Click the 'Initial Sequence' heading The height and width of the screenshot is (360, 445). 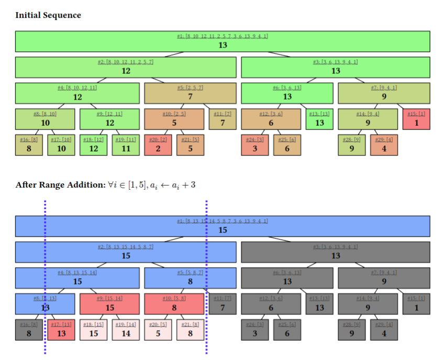(x=48, y=15)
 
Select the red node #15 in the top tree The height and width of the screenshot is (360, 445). (x=416, y=119)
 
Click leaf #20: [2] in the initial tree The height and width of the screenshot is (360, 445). (x=158, y=145)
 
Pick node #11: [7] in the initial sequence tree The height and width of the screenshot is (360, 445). (x=222, y=119)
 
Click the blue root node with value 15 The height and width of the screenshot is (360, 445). (x=222, y=226)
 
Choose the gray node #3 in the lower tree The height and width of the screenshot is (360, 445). (x=335, y=252)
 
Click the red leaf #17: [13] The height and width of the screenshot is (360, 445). (x=61, y=330)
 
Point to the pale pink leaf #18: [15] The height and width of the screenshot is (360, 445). (x=94, y=330)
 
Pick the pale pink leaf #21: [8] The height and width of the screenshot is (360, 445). (x=190, y=330)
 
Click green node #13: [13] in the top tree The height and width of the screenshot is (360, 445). (x=319, y=119)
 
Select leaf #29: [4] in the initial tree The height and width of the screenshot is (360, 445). (x=384, y=145)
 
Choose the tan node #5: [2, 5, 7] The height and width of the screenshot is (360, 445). (x=190, y=93)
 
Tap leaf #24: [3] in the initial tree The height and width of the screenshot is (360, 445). (x=255, y=145)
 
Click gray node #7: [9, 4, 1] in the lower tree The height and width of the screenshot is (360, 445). (x=384, y=278)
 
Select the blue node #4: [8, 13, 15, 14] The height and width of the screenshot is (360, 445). (x=77, y=278)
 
